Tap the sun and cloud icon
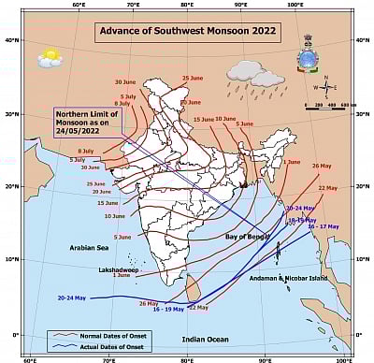(50, 58)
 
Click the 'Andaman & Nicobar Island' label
(289, 278)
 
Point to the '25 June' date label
(192, 78)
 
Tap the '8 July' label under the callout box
(86, 151)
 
